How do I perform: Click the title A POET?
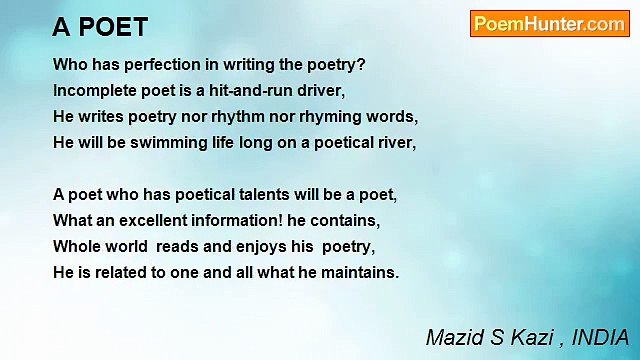pos(100,27)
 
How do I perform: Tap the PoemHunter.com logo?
pos(549,24)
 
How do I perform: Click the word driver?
pos(321,90)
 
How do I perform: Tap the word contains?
pos(350,220)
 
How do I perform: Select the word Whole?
pos(75,246)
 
